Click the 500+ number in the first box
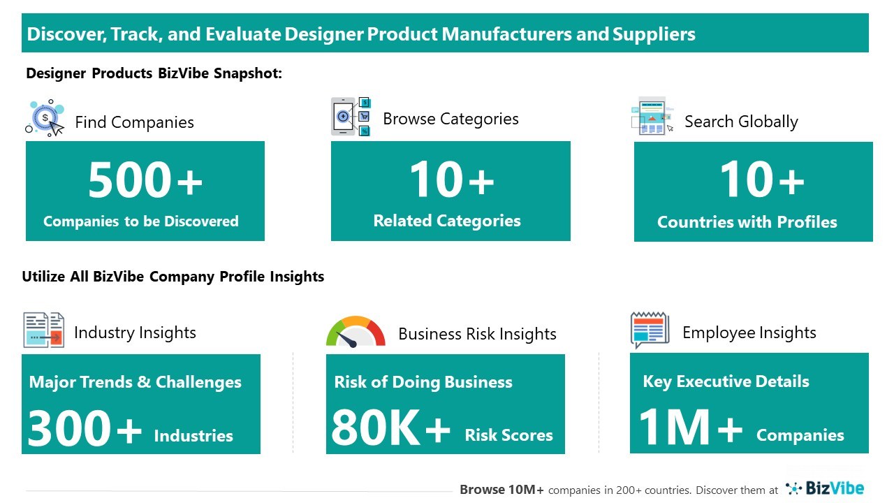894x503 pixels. click(145, 180)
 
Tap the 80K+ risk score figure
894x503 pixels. click(390, 428)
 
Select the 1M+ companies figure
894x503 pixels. click(690, 427)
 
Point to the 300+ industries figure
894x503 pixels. click(85, 428)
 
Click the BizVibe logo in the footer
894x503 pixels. click(825, 488)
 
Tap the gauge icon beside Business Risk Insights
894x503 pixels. click(356, 331)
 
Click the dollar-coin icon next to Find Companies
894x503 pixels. click(45, 118)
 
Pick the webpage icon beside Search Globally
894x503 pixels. click(652, 116)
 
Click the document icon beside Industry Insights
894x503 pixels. click(44, 330)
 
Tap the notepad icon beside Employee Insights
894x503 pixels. click(650, 330)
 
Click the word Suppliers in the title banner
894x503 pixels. click(654, 34)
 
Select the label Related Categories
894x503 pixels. click(447, 221)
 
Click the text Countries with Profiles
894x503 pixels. click(747, 222)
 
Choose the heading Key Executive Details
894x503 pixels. click(726, 381)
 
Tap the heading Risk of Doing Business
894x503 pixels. click(423, 382)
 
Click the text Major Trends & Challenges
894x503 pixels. click(135, 382)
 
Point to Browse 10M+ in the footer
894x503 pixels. click(501, 490)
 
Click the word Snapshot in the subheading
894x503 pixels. click(248, 73)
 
